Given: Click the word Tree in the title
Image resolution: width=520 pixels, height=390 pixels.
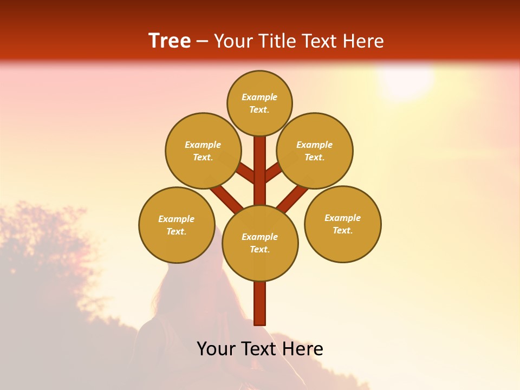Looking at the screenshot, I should pos(170,41).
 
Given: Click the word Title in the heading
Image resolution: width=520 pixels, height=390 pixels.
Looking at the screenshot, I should pos(276,41).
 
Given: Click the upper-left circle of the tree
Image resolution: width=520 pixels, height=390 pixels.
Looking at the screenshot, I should pos(203,151).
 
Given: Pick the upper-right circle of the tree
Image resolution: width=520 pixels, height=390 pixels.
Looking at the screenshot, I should pos(315,151).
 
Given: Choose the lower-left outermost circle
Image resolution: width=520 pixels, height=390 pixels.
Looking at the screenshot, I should pos(177,225).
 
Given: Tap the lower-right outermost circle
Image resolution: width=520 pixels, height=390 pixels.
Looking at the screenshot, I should pos(343,224).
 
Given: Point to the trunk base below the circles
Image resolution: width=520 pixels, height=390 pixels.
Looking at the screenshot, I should pos(260,303).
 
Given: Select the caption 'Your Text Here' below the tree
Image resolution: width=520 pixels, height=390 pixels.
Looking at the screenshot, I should pos(260,349).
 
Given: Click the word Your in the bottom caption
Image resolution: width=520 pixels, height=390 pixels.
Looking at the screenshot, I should pos(216,349).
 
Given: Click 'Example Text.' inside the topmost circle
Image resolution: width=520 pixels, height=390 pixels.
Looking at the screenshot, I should pos(259,103).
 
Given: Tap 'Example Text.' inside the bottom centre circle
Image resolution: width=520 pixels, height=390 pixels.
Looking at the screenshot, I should pos(260,243).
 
